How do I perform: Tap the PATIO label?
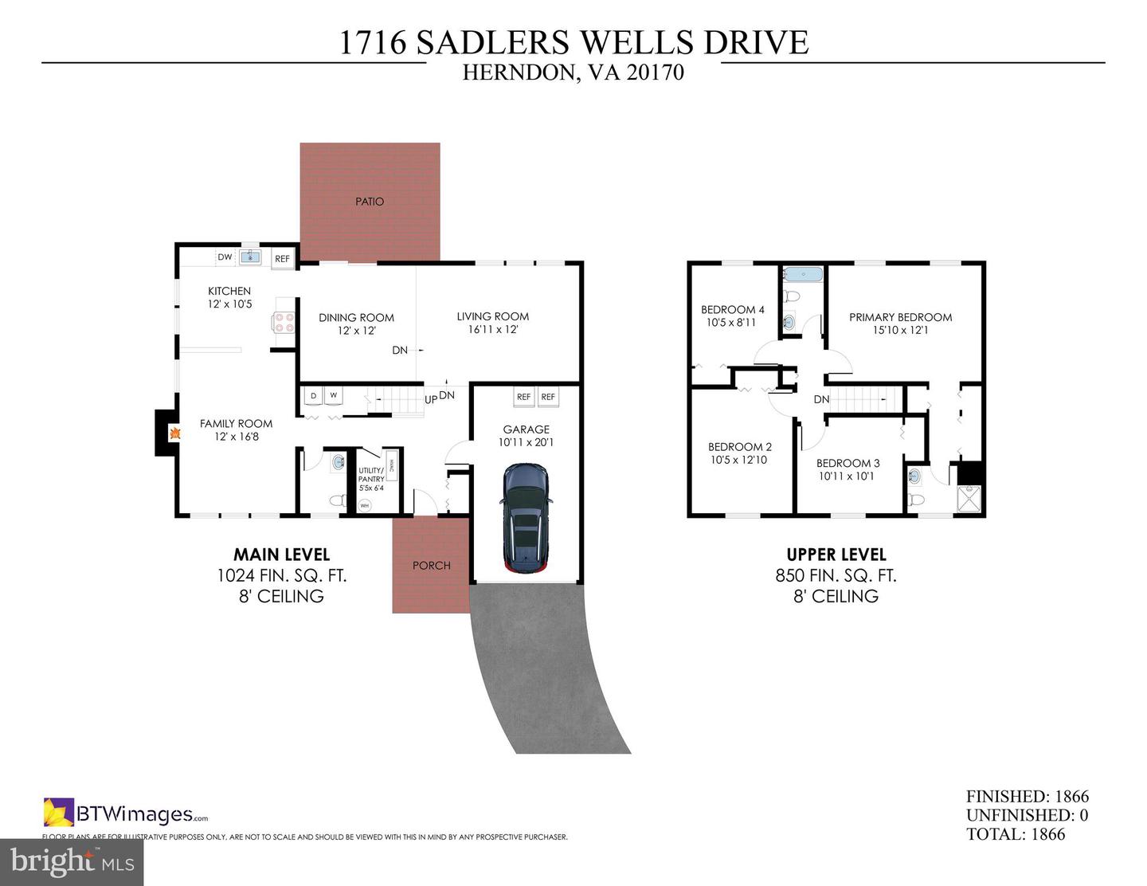tap(370, 202)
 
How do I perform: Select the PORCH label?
tap(431, 566)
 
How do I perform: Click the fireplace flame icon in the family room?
tap(174, 433)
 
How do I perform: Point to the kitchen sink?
tap(250, 256)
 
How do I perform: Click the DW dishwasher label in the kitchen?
tap(225, 257)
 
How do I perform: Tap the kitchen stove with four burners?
tap(284, 322)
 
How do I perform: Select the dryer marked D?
tap(313, 396)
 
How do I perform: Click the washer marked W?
tap(333, 396)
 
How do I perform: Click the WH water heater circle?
tap(365, 505)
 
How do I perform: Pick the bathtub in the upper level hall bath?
tap(802, 275)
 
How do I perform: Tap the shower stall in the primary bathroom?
tap(970, 500)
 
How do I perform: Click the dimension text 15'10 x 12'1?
tap(900, 330)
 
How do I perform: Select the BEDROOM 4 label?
tap(732, 310)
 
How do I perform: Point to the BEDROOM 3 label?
tap(848, 463)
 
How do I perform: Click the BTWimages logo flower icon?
tap(58, 813)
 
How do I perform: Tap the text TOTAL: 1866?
tap(1016, 834)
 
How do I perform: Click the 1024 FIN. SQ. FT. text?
tap(281, 575)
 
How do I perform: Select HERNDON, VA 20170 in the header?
tap(573, 73)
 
